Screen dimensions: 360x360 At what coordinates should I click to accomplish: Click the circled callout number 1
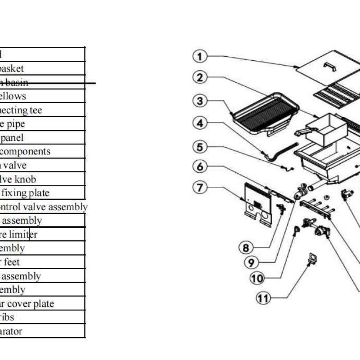point(200,57)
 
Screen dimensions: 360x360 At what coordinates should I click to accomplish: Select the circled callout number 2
point(200,77)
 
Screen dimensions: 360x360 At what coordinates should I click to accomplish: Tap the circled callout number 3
point(200,101)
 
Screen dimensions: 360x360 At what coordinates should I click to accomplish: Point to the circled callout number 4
point(200,122)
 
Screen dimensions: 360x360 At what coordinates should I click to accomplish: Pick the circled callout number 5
point(200,146)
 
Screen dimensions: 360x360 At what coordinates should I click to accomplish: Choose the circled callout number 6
point(200,166)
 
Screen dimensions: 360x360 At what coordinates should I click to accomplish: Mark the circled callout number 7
point(200,186)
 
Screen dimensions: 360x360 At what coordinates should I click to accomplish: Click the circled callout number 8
point(246,247)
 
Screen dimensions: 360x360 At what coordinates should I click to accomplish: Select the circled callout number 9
point(252,262)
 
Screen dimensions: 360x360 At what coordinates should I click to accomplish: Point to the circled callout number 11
point(263,297)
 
